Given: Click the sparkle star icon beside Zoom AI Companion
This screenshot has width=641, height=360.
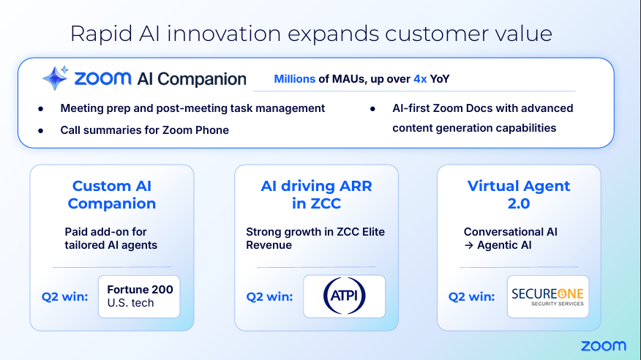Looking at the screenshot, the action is (x=55, y=78).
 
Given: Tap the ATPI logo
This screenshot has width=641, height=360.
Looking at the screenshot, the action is (x=344, y=296).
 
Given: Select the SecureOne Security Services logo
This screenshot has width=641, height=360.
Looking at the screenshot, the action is (x=548, y=296).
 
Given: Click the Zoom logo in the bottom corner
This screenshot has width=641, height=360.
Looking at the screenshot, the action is (x=604, y=346).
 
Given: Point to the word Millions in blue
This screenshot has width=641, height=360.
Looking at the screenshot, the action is (x=294, y=79).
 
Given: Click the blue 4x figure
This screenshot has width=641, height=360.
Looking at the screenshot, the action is (x=420, y=79).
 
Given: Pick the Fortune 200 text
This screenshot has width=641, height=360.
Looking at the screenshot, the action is (x=140, y=289).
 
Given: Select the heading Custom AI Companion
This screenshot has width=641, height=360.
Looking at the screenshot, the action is (x=112, y=195).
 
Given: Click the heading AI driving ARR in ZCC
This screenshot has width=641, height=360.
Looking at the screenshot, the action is (x=316, y=195).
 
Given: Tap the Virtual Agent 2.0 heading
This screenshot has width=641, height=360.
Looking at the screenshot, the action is (x=518, y=195).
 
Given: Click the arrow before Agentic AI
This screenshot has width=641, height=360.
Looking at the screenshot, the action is (x=469, y=245).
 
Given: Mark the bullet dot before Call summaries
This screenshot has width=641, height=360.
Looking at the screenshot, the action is (x=40, y=131).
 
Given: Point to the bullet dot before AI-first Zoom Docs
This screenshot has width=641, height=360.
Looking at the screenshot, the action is (x=372, y=109).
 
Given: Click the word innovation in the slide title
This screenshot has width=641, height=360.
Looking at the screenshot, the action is (x=224, y=33).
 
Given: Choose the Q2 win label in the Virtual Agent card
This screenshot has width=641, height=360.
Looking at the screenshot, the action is (x=471, y=296).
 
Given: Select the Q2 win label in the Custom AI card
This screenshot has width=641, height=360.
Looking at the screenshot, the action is (x=64, y=296).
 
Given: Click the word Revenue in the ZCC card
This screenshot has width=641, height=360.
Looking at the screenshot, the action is (x=269, y=245).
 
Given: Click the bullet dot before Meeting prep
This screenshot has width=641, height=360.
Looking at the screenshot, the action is (x=40, y=109).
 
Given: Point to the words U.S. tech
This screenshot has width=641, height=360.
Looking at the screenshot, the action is (x=130, y=303).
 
